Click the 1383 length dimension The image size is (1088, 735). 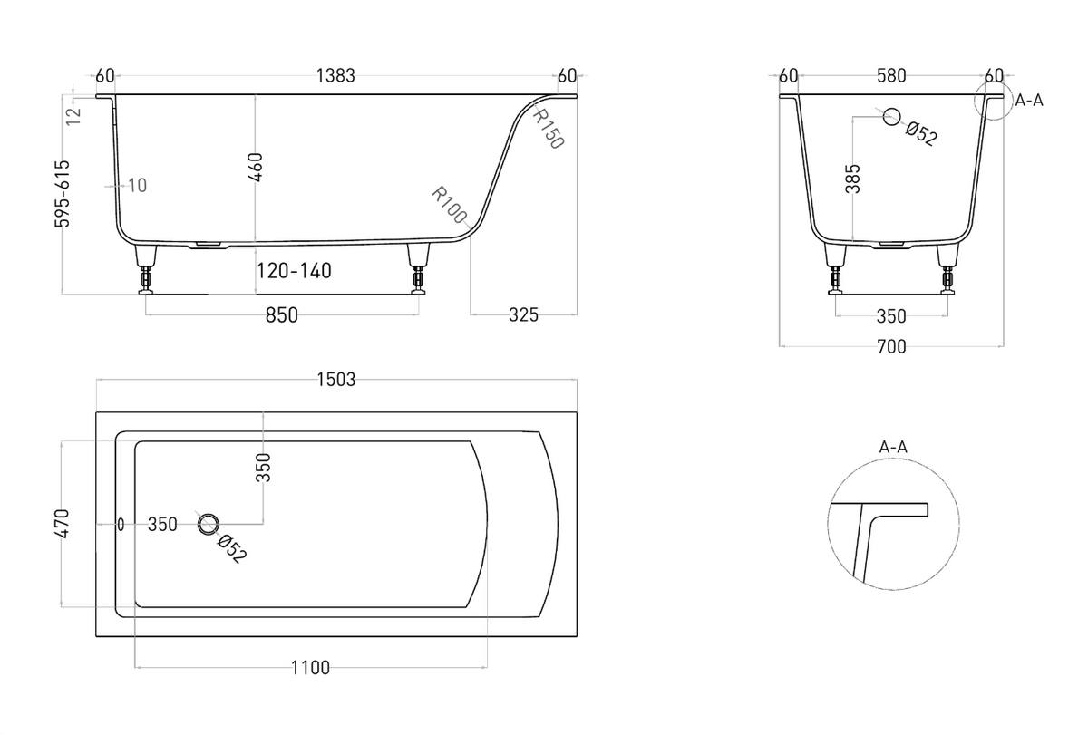click(335, 76)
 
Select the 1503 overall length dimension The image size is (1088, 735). click(336, 379)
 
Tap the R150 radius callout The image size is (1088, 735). click(549, 128)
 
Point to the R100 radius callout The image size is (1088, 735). click(450, 205)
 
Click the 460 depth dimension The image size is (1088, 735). click(256, 168)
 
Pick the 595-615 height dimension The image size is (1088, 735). click(63, 194)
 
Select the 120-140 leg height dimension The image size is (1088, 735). click(294, 271)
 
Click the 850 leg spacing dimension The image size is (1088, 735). click(282, 315)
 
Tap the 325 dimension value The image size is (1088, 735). click(524, 315)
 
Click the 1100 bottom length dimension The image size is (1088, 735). click(310, 668)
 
